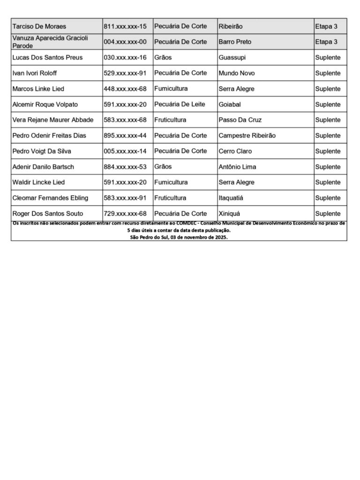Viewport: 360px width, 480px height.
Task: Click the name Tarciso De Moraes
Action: click(x=39, y=26)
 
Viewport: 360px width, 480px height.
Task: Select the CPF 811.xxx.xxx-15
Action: click(x=125, y=26)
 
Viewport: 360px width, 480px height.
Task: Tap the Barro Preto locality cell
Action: click(x=235, y=42)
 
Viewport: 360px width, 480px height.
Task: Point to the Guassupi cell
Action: click(x=232, y=58)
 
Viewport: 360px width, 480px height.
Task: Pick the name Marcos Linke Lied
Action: click(x=38, y=89)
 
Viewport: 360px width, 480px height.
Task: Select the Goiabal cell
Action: click(x=230, y=104)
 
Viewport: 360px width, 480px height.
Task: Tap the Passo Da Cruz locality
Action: click(x=240, y=120)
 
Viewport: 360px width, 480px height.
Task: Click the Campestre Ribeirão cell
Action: click(x=247, y=135)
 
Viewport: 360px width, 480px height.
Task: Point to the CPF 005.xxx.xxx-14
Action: click(x=125, y=151)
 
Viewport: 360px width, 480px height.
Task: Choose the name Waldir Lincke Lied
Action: click(x=38, y=182)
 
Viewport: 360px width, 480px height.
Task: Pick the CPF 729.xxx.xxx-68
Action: click(x=125, y=213)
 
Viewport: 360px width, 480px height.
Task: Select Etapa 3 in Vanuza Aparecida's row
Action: click(x=326, y=42)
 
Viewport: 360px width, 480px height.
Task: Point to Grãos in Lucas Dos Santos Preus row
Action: click(x=163, y=58)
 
